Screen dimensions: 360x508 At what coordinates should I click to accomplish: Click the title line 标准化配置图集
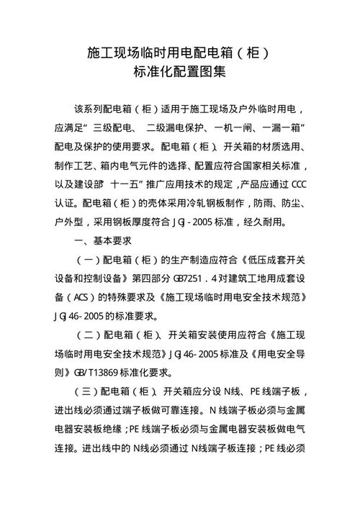click(x=179, y=72)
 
